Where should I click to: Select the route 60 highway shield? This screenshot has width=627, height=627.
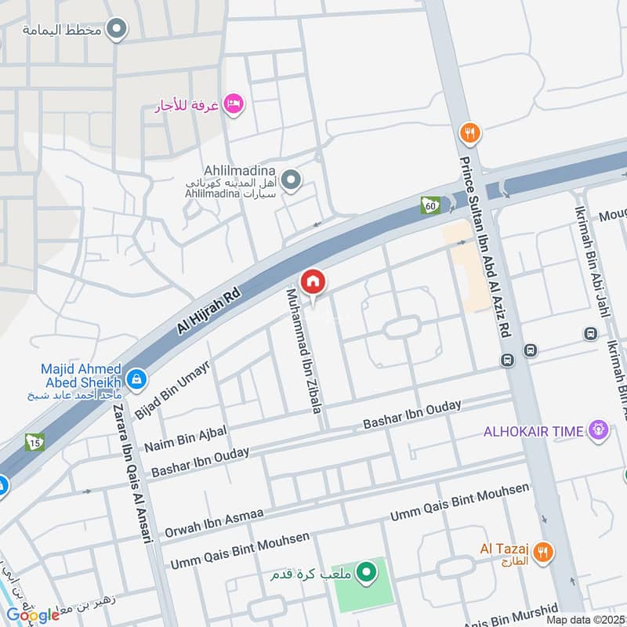(x=429, y=205)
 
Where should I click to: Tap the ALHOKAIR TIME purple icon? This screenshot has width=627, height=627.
(x=599, y=430)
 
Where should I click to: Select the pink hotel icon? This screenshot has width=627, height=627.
(x=233, y=103)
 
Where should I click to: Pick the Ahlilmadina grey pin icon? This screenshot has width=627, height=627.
(x=292, y=181)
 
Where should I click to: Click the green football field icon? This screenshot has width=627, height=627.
(x=365, y=574)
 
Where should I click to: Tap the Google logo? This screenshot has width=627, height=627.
(x=33, y=614)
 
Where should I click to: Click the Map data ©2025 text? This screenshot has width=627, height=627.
(x=585, y=619)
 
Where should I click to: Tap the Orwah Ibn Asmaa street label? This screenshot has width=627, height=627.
(x=212, y=522)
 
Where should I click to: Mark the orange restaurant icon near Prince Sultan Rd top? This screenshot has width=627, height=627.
(x=470, y=132)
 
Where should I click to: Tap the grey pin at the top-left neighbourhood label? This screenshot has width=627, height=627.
(x=118, y=30)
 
